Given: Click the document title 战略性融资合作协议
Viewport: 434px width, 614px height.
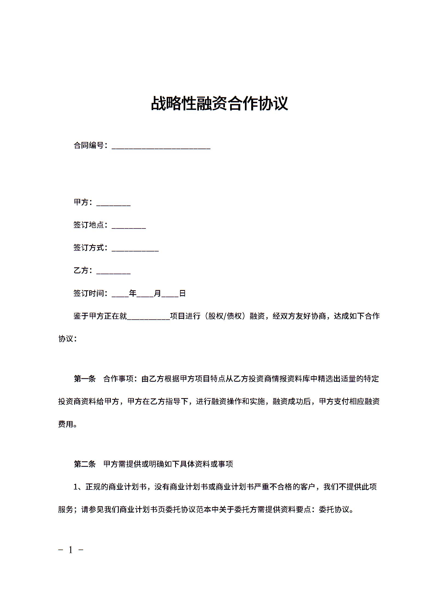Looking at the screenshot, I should coord(219,103).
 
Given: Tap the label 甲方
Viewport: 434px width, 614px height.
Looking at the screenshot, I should coord(81,202).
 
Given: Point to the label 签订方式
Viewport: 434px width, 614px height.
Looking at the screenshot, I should coord(89,248).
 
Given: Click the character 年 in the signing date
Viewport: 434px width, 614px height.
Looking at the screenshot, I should coord(133,293).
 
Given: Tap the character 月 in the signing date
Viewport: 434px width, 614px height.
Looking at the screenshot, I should coord(157,293).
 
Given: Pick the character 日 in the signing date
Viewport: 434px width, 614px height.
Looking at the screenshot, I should coord(182,293).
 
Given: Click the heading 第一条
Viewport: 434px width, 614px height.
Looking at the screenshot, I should coord(85,379).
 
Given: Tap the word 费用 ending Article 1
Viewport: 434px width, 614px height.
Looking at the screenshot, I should coord(66,424).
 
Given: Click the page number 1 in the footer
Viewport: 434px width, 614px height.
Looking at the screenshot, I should coord(71,550).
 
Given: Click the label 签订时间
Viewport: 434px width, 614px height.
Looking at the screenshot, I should coord(89,293).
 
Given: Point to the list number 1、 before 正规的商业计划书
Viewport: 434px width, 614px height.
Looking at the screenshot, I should coord(79,487).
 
